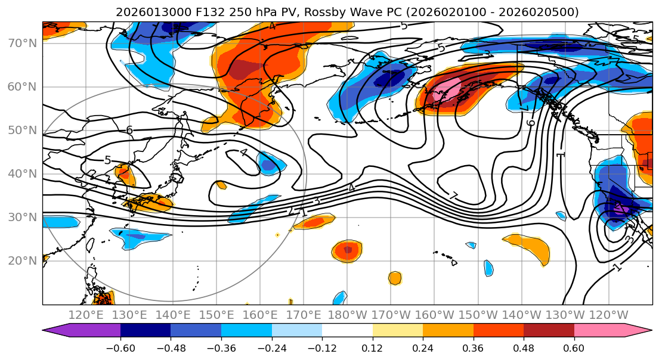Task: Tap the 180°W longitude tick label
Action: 347,315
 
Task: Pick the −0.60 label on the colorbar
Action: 120,348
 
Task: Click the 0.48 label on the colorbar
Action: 524,348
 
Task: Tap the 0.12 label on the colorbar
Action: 372,348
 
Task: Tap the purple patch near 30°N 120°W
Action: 620,209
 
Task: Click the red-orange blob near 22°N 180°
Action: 347,251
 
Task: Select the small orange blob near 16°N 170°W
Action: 395,278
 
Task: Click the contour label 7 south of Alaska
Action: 454,196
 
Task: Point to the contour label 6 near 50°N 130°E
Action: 129,130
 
